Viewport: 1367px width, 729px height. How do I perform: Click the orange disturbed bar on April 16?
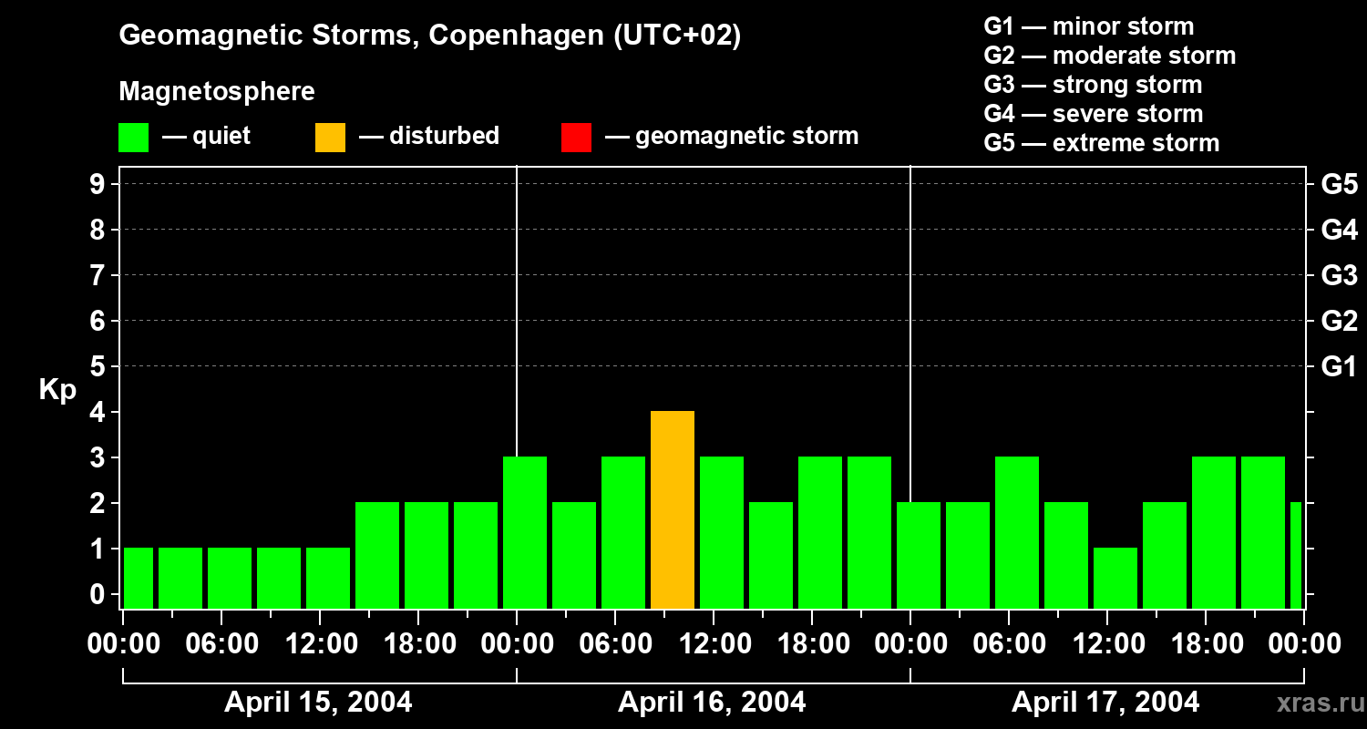673,510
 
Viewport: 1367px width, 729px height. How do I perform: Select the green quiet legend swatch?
133,138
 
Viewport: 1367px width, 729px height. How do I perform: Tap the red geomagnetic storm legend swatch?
576,138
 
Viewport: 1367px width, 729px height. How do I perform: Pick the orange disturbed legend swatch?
330,138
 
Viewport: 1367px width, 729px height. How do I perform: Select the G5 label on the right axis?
1339,184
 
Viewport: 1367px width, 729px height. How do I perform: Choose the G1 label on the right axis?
1339,366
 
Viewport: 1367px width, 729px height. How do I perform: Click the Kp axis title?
57,390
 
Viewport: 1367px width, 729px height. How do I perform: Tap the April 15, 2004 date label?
318,703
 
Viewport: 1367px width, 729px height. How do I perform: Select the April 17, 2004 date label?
1105,703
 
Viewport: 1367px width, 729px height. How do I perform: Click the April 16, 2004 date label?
712,703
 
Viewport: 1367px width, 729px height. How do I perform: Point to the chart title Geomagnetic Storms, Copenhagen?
429,36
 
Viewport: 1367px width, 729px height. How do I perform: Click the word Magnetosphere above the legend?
217,92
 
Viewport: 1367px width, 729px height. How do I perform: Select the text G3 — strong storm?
1093,85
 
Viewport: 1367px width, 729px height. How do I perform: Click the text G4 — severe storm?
1093,114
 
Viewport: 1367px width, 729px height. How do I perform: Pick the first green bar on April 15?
139,579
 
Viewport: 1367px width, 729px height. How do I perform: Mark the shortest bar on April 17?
1115,579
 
